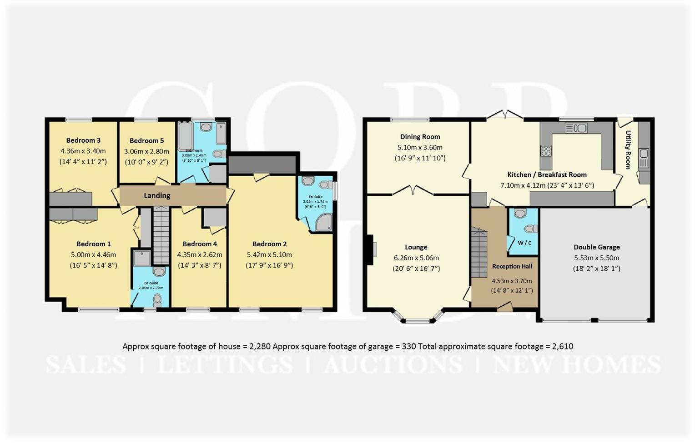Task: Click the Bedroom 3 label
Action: coord(83,140)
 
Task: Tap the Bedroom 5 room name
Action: coord(146,141)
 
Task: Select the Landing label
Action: coord(157,195)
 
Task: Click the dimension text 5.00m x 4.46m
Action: coord(93,254)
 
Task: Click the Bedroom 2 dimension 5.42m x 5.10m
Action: coord(269,254)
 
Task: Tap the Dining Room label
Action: coord(420,137)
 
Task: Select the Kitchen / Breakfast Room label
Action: coord(547,175)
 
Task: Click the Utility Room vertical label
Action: coord(628,150)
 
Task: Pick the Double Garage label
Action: coord(596,247)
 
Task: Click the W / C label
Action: coord(524,243)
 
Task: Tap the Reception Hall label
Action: coord(512,266)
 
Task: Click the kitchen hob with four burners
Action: coord(546,151)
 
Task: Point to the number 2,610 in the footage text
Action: coord(562,347)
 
